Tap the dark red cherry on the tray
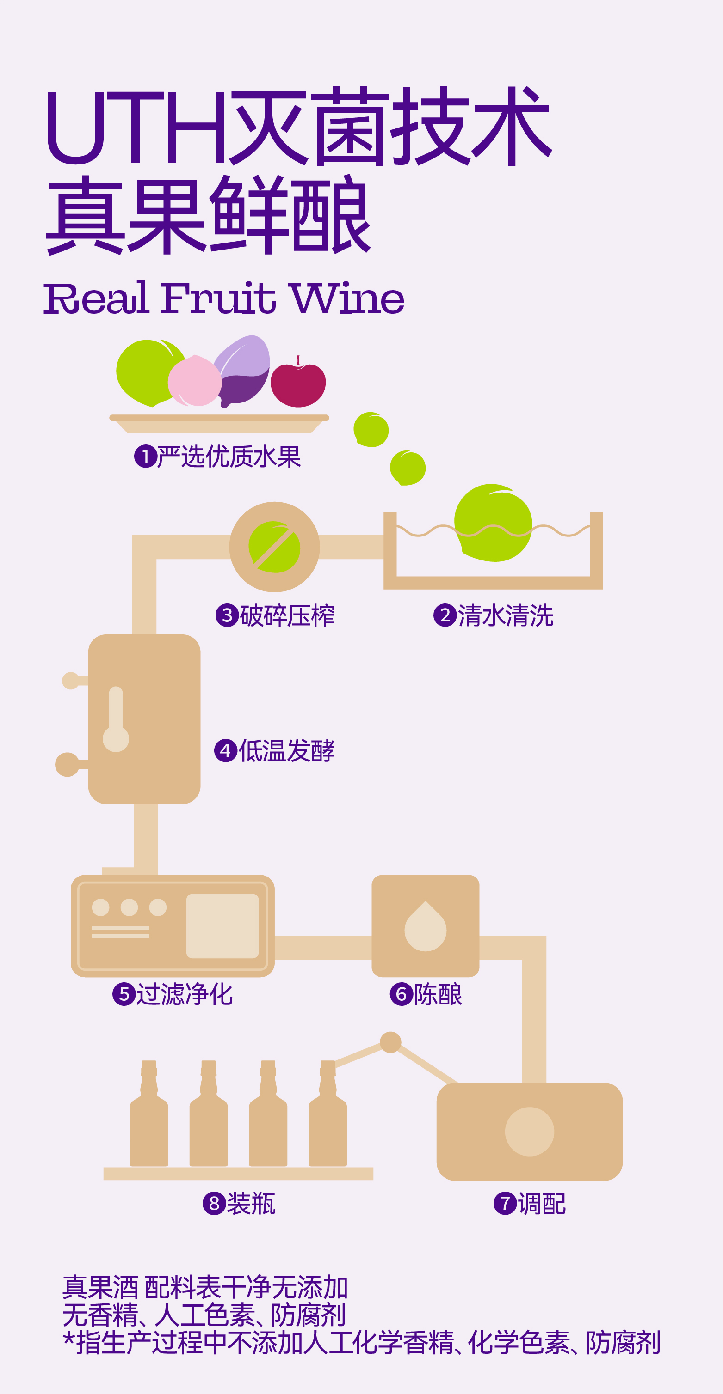(x=298, y=385)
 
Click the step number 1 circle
(x=145, y=456)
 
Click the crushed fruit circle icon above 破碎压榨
(x=275, y=547)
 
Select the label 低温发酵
(x=286, y=750)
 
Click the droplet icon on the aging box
(x=425, y=927)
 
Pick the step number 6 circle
(x=402, y=994)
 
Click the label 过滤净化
(x=185, y=994)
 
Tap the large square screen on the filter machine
(x=222, y=926)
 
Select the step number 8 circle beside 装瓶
(x=214, y=1204)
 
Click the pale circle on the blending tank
(x=529, y=1132)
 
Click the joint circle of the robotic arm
(x=390, y=1042)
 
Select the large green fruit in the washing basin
(x=493, y=522)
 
